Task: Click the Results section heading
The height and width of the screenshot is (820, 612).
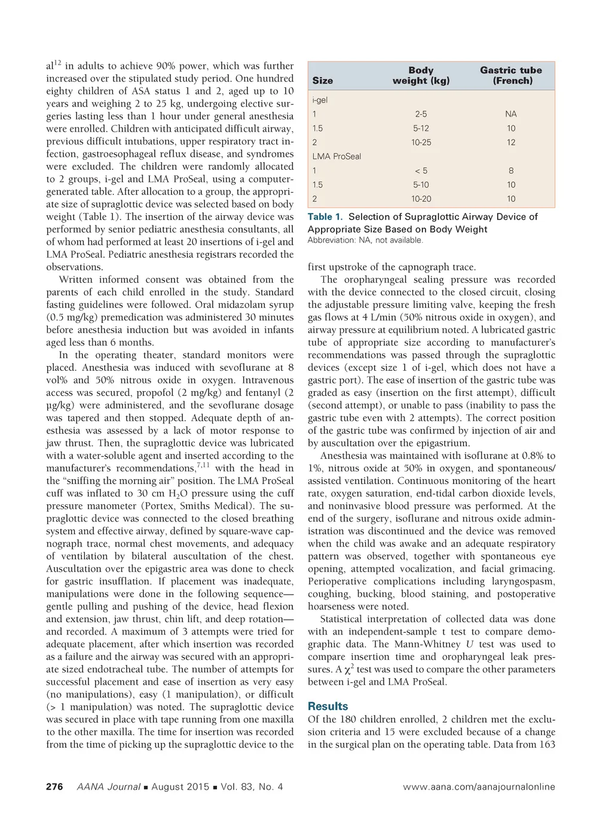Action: pos(328,706)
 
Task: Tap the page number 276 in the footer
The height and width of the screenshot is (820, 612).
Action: pos(54,787)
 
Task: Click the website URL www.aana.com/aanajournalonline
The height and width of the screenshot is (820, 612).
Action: pos(479,787)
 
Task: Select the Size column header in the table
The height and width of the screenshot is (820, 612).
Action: pos(323,81)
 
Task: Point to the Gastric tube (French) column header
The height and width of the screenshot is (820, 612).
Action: pos(511,75)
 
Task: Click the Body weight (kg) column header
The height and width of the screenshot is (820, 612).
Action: pos(421,75)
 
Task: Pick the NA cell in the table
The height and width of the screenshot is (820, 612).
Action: pos(511,114)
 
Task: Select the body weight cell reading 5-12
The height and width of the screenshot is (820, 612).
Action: pos(421,129)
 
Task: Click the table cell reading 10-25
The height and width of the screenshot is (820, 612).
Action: pos(421,142)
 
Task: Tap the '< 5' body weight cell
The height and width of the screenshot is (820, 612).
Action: pos(421,171)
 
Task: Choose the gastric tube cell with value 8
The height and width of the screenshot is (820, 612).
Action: pos(511,171)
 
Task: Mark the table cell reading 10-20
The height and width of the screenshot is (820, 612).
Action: pos(421,199)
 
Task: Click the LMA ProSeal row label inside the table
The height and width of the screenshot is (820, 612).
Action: pos(336,157)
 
